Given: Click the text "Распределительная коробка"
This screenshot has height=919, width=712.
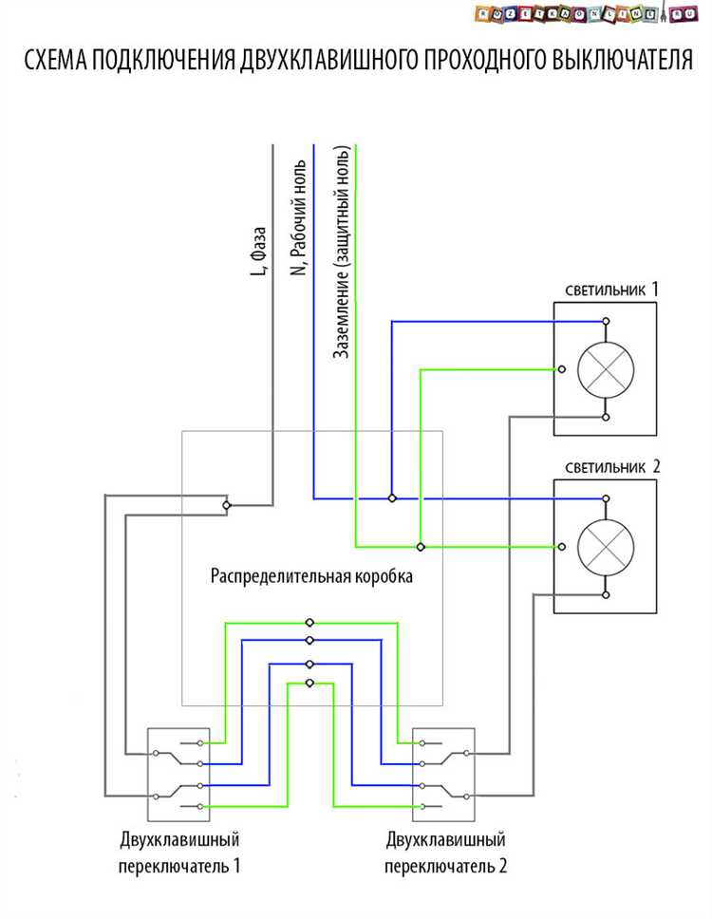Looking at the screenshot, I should point(311,576).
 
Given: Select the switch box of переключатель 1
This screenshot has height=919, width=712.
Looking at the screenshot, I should point(178,775).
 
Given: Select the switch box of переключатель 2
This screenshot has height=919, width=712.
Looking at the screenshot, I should point(443,775).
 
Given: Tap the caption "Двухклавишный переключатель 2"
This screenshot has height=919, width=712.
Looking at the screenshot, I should point(445,853).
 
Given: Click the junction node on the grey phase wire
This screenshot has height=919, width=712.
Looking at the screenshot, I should point(226,505).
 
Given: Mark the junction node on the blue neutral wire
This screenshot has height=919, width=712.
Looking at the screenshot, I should point(391,497).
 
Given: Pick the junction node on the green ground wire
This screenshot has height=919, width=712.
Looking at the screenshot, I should point(421,547).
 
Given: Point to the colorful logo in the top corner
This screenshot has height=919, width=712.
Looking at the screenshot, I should point(582,13).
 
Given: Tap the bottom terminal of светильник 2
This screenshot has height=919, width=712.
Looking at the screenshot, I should point(606,594).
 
